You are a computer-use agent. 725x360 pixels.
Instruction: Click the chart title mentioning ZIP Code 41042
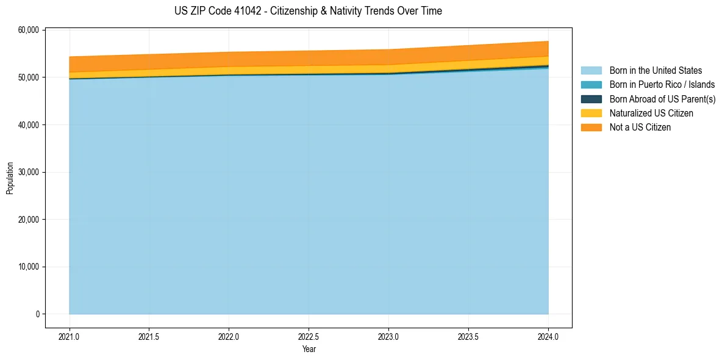coord(308,11)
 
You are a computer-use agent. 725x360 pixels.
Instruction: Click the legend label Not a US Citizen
coord(640,127)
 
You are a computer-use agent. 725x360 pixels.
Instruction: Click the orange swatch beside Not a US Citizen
coord(591,127)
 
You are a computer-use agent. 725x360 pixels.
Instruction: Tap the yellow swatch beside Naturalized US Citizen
coord(591,113)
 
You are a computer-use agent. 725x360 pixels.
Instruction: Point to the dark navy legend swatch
coord(591,99)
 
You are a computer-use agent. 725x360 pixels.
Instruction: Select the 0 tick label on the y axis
coord(37,314)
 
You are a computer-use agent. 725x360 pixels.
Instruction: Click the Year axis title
coord(309,349)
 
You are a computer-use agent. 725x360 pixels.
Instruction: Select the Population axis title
coord(10,178)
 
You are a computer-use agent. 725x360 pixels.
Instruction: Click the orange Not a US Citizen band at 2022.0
coord(229,59)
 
